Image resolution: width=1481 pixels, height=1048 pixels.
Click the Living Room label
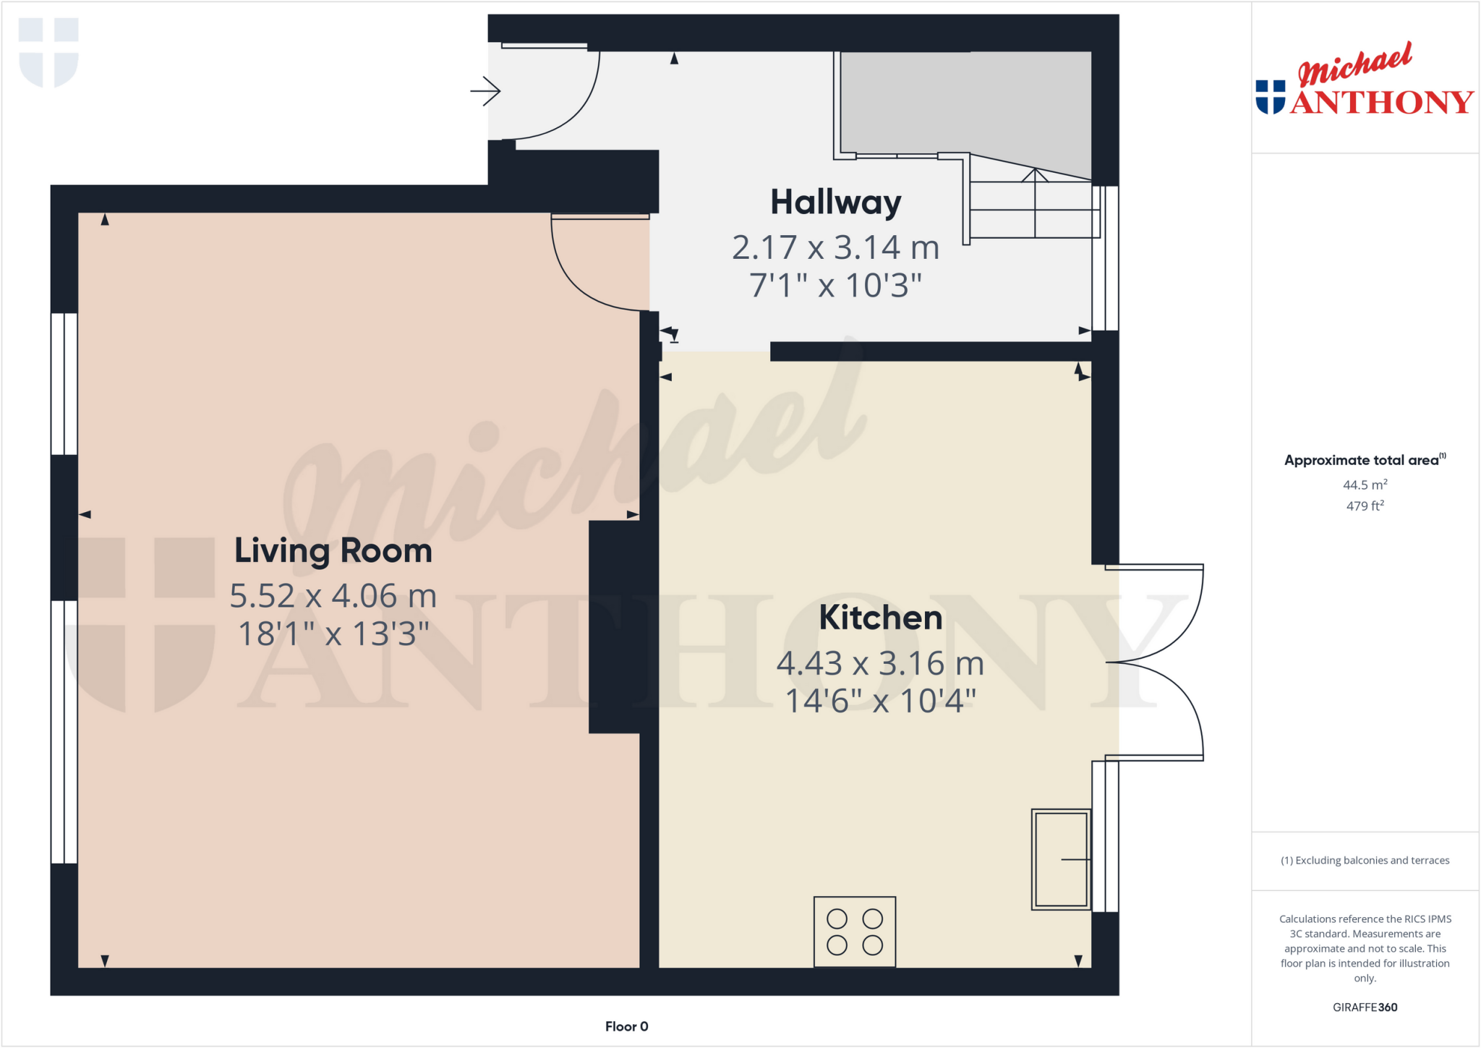[333, 551]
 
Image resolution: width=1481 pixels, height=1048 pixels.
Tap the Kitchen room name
[880, 618]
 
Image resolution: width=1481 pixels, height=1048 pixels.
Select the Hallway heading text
[835, 203]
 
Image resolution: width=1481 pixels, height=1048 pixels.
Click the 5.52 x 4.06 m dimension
[333, 597]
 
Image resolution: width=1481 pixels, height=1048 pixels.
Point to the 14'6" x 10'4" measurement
[880, 702]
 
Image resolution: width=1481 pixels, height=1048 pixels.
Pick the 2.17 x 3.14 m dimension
[835, 248]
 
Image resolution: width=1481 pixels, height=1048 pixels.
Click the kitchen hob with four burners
[855, 932]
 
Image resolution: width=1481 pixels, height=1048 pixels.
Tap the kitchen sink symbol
[1061, 859]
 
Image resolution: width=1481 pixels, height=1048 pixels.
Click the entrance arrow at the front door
[486, 92]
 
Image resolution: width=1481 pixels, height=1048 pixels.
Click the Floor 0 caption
[626, 1026]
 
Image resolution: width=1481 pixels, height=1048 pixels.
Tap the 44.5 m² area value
[1365, 485]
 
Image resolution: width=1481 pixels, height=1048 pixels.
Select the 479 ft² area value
[1365, 506]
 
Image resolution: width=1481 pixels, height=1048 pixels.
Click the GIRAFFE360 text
[1365, 1007]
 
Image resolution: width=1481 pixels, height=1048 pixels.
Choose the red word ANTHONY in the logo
[1381, 103]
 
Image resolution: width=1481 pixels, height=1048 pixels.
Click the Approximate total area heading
[1362, 461]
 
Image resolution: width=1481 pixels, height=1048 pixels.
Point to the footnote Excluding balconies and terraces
[1365, 861]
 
